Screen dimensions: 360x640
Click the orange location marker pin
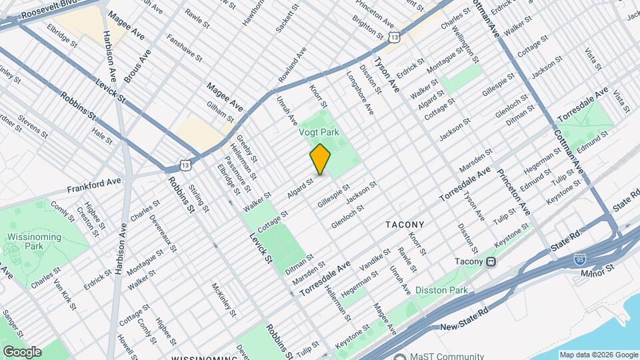click(x=320, y=159)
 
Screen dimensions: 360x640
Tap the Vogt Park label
click(x=318, y=132)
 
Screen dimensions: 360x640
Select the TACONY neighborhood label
click(x=405, y=225)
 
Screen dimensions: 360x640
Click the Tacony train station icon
click(x=491, y=261)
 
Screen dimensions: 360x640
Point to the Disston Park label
click(x=441, y=290)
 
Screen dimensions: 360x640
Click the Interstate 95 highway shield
click(x=581, y=259)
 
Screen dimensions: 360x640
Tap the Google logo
click(x=21, y=351)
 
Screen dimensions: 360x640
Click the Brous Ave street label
click(x=136, y=66)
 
